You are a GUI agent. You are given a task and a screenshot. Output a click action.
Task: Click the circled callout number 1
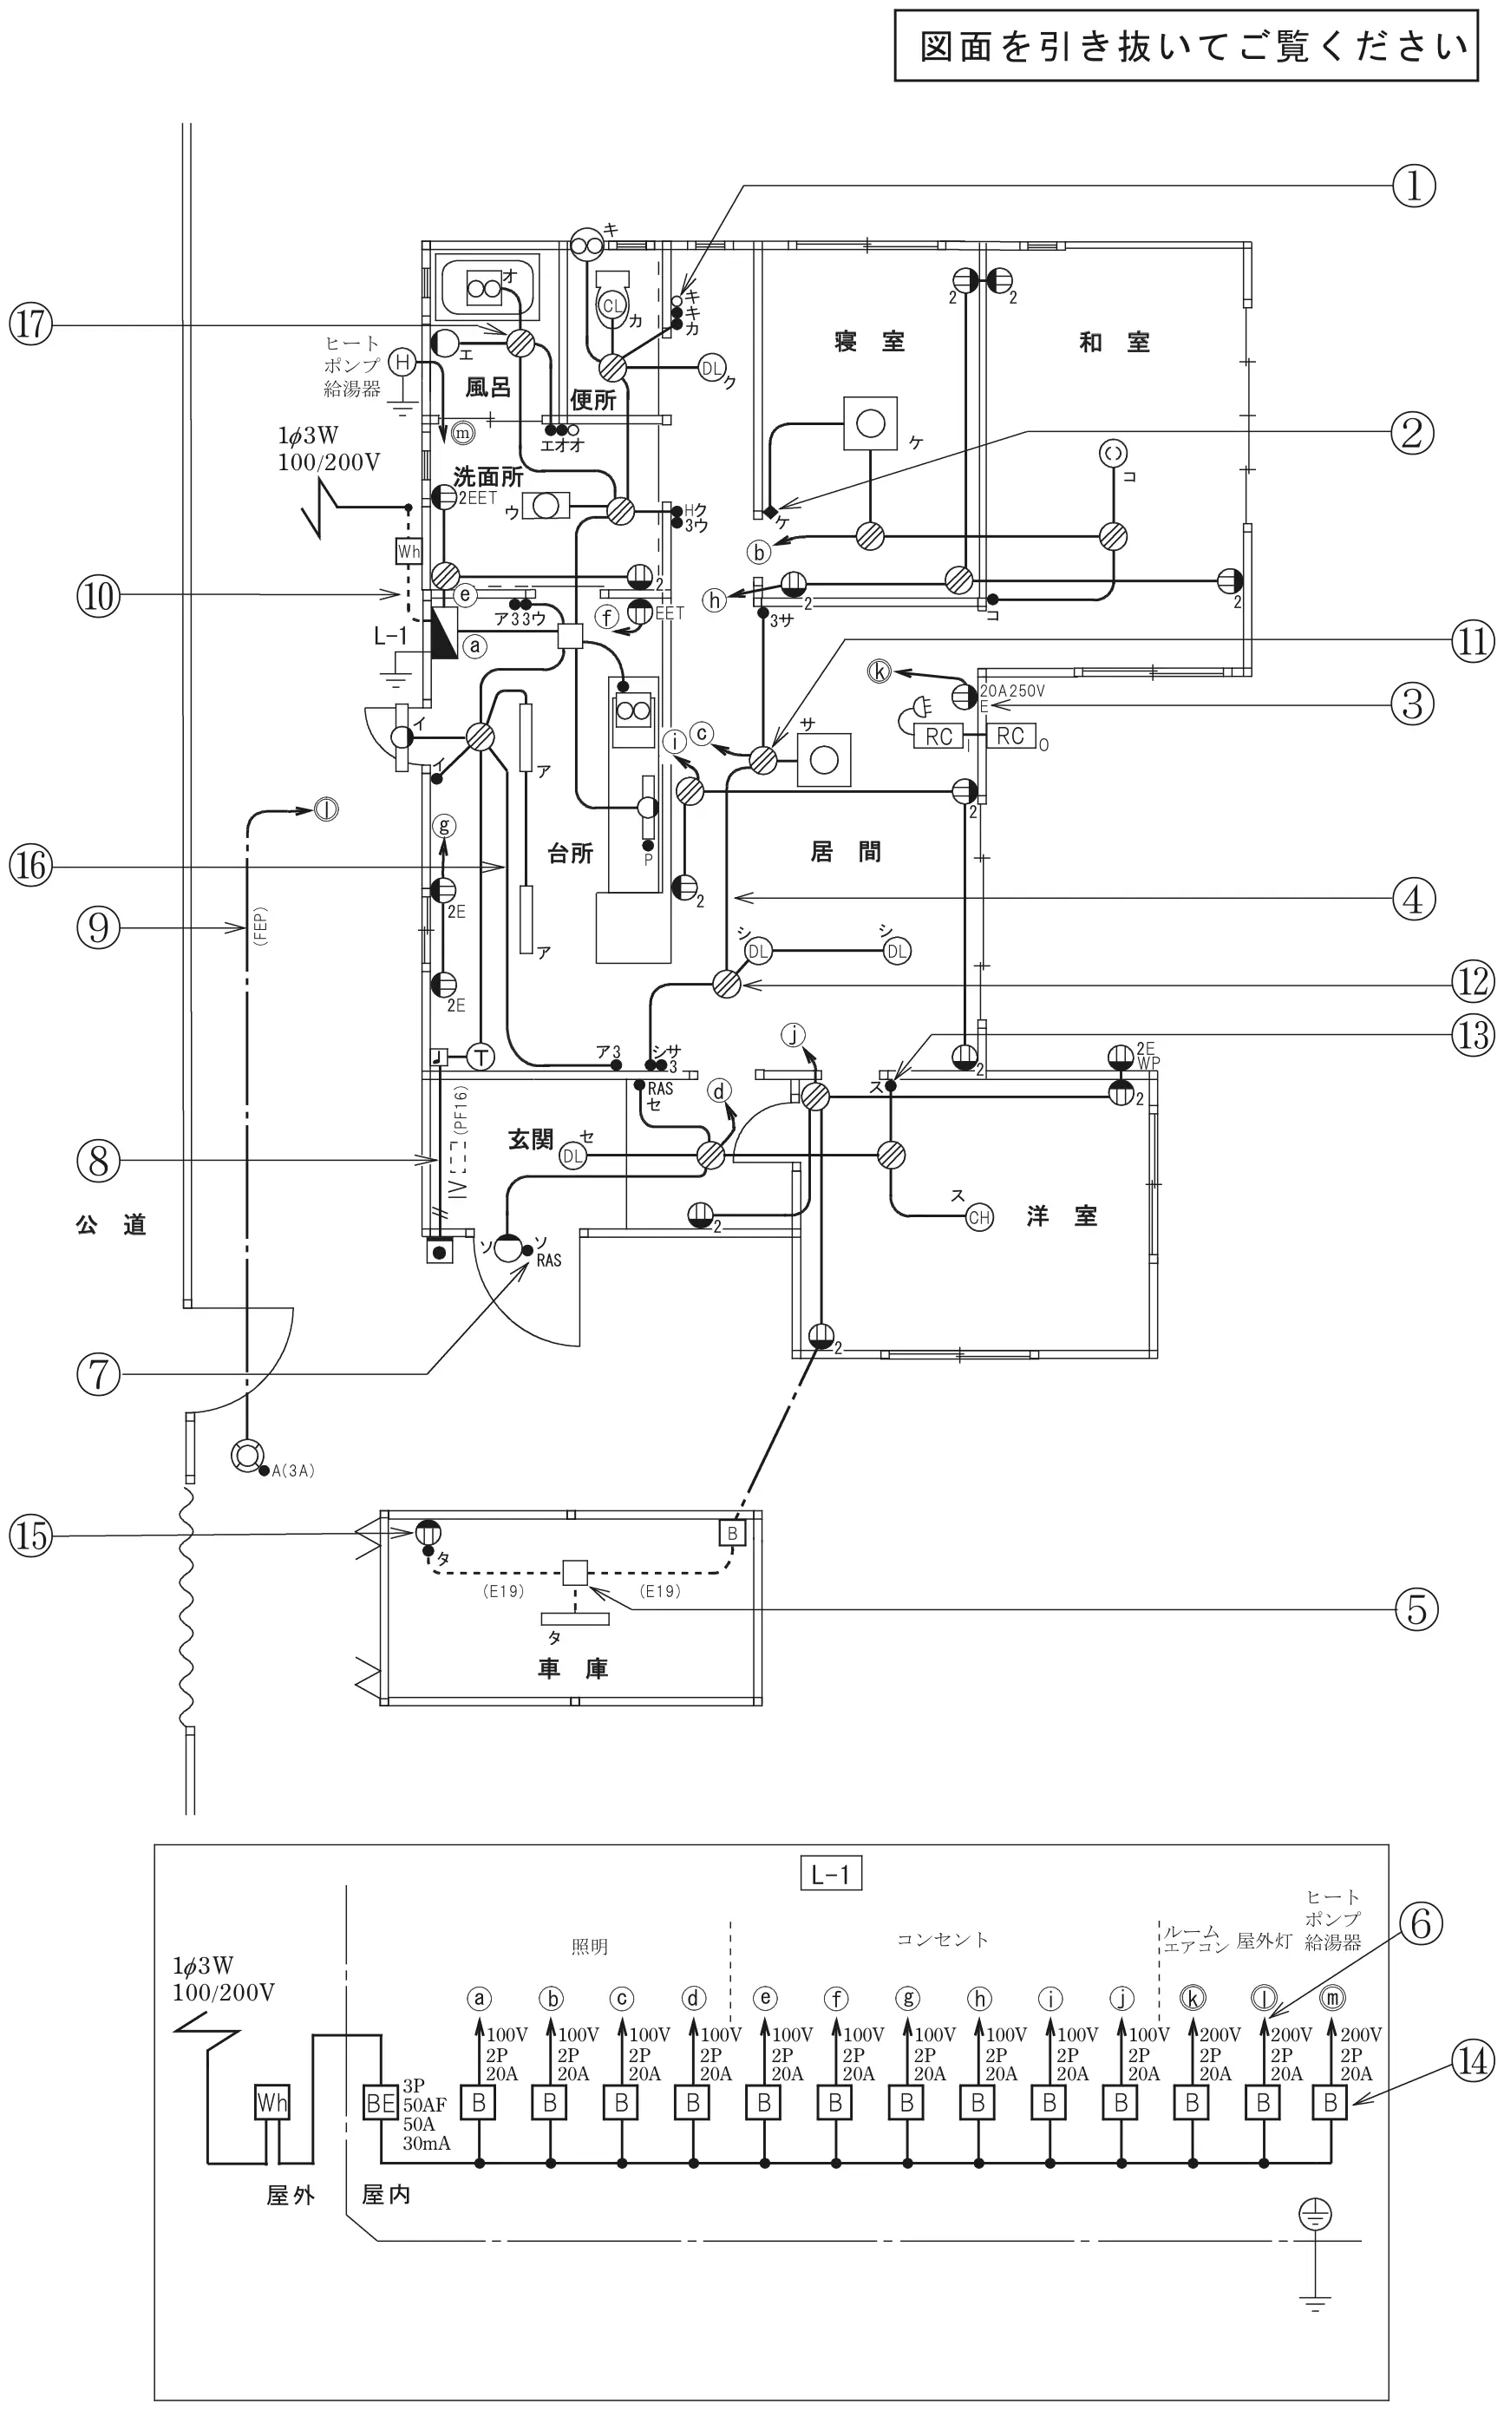click(1415, 186)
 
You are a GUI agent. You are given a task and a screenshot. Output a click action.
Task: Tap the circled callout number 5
click(1416, 1608)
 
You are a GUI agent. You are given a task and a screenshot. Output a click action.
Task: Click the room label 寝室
click(869, 342)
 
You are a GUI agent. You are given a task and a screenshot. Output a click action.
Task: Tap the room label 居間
click(846, 851)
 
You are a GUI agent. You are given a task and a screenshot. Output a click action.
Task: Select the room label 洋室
click(1063, 1215)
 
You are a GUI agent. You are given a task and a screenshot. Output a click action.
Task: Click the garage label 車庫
click(572, 1668)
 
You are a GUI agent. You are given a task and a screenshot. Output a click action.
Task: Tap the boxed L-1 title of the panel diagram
click(831, 1875)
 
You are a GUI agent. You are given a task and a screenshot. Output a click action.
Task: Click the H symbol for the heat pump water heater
click(402, 362)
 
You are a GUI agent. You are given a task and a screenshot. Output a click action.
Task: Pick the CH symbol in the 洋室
click(980, 1216)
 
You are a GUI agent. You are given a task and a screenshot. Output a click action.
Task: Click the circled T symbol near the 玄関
click(481, 1057)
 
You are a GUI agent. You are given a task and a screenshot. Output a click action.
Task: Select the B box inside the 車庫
click(732, 1533)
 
